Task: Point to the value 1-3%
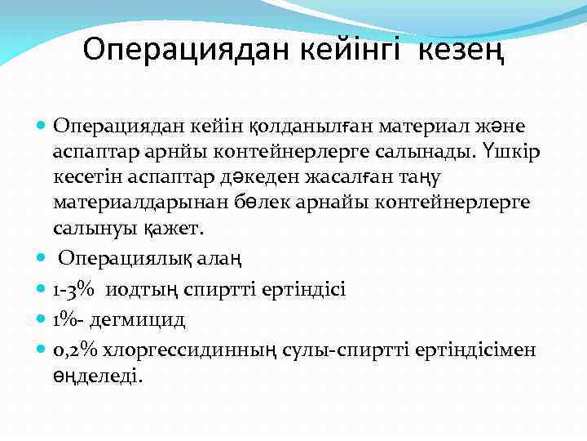[72, 290]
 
